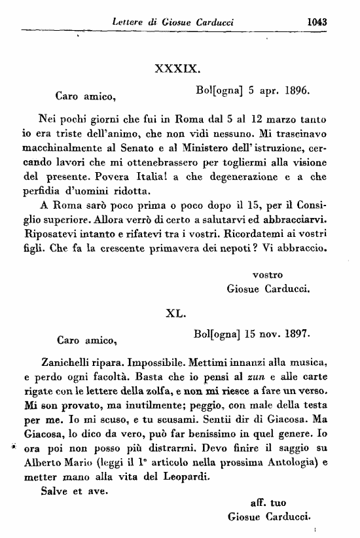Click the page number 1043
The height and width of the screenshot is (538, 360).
[316, 21]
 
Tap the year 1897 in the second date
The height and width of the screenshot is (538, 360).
[297, 334]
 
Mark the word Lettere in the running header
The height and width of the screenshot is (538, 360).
[130, 22]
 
